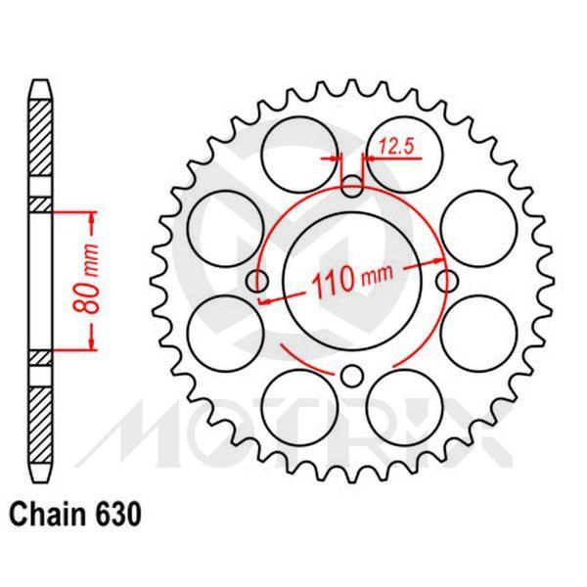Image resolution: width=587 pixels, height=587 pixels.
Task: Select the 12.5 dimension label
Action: click(x=395, y=147)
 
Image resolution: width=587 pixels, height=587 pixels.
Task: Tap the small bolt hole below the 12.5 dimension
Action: click(x=352, y=182)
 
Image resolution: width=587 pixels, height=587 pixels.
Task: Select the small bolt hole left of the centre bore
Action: click(x=259, y=282)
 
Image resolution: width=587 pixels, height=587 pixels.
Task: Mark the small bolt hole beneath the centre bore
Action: click(x=352, y=375)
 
